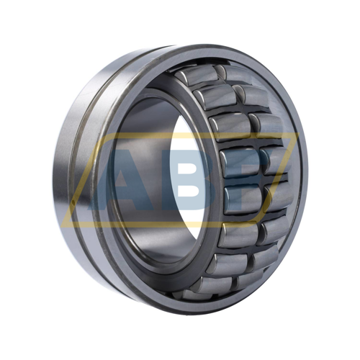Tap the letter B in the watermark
point(189,180)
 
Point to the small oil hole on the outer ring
point(73,204)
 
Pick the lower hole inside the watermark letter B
point(189,192)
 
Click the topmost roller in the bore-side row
point(197,76)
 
